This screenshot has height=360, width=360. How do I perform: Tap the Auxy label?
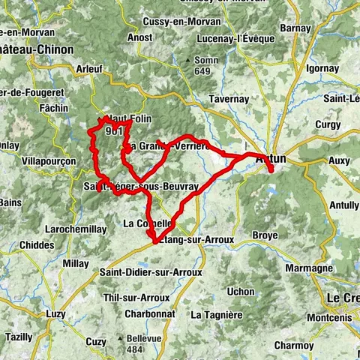339,160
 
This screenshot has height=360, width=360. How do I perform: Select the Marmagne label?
307,268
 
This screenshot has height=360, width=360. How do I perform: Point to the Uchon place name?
241,291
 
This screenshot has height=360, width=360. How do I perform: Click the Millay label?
76,263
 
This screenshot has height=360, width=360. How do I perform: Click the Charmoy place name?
294,345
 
